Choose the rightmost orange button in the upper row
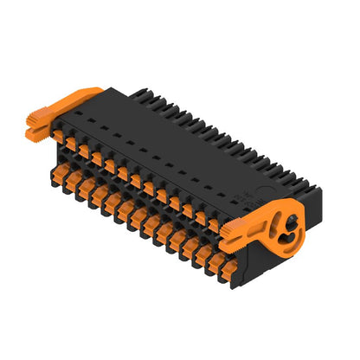point(214,224)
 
